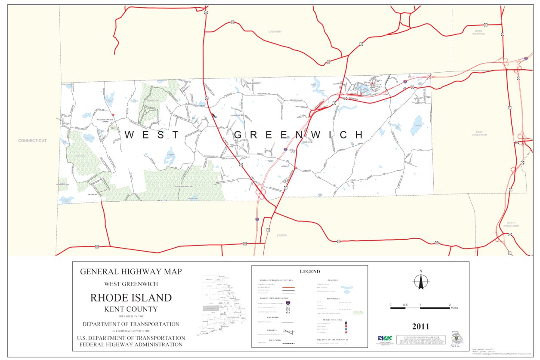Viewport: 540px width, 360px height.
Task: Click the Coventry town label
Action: click(275, 32)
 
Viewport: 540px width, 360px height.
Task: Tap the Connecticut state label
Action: click(32, 141)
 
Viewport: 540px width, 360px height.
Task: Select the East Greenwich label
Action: click(478, 133)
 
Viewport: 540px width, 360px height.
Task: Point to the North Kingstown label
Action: click(511, 224)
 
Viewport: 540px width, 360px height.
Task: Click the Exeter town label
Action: click(281, 236)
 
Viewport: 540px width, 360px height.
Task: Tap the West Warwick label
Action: click(479, 32)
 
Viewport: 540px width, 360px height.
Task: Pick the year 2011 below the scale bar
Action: click(420, 326)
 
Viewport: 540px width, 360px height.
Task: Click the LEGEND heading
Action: click(310, 271)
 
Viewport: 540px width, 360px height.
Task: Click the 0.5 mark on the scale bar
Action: click(405, 305)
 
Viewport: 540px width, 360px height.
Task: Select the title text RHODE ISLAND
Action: click(131, 298)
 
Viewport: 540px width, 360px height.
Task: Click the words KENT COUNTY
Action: click(131, 309)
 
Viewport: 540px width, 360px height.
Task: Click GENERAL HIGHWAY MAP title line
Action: click(131, 271)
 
